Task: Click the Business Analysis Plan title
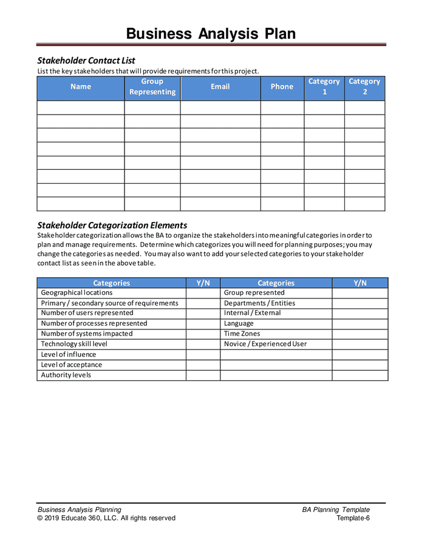pos(211,33)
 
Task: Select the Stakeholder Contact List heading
pos(86,61)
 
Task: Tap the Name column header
pos(81,87)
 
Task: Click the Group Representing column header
pos(152,87)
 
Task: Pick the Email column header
pos(220,87)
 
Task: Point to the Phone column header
pos(282,87)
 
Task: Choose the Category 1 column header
pos(324,87)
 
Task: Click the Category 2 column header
pos(364,87)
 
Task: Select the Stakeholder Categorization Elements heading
pos(112,225)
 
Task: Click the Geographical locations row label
pos(77,293)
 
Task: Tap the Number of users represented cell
pos(87,313)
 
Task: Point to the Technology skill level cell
pos(74,344)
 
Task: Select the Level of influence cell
pos(69,354)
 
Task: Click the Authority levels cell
pos(67,375)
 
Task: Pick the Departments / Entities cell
pos(259,303)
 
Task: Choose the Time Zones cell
pos(242,334)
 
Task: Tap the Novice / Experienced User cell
pos(265,344)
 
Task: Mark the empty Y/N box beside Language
pos(359,323)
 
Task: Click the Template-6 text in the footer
pos(353,518)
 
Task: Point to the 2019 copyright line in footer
pos(106,518)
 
